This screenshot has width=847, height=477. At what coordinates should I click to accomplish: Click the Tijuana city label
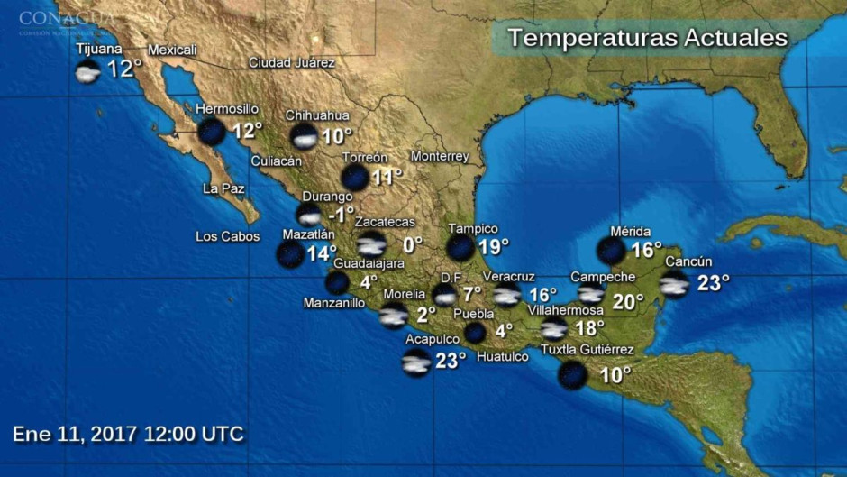pyautogui.click(x=99, y=49)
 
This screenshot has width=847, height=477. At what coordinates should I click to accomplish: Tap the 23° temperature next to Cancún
pyautogui.click(x=713, y=282)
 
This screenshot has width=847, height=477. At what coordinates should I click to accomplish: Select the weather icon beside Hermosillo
pyautogui.click(x=212, y=132)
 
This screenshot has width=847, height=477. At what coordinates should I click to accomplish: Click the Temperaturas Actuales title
pyautogui.click(x=647, y=39)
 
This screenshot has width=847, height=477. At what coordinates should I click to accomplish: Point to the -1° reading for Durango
pyautogui.click(x=341, y=215)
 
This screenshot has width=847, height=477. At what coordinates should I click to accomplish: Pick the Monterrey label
pyautogui.click(x=440, y=157)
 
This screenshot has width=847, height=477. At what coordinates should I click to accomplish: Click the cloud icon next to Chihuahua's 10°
pyautogui.click(x=305, y=136)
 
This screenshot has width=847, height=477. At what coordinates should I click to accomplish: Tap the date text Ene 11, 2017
pyautogui.click(x=74, y=434)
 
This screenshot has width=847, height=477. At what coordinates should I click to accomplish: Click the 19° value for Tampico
pyautogui.click(x=494, y=245)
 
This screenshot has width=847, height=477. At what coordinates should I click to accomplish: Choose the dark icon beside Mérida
pyautogui.click(x=612, y=250)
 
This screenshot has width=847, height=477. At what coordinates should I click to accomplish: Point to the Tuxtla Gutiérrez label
pyautogui.click(x=587, y=350)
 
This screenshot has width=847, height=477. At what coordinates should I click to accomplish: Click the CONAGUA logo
pyautogui.click(x=67, y=19)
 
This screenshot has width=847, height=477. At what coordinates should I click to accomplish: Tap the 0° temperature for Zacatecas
pyautogui.click(x=412, y=244)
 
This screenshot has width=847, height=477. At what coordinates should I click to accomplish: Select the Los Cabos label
pyautogui.click(x=227, y=237)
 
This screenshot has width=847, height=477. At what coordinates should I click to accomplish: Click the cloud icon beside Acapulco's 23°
pyautogui.click(x=416, y=362)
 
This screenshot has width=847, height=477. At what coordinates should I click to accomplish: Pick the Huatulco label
pyautogui.click(x=502, y=356)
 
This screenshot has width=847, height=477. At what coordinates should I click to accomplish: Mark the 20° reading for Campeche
pyautogui.click(x=628, y=302)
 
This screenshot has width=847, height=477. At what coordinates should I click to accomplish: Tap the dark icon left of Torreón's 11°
pyautogui.click(x=355, y=177)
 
